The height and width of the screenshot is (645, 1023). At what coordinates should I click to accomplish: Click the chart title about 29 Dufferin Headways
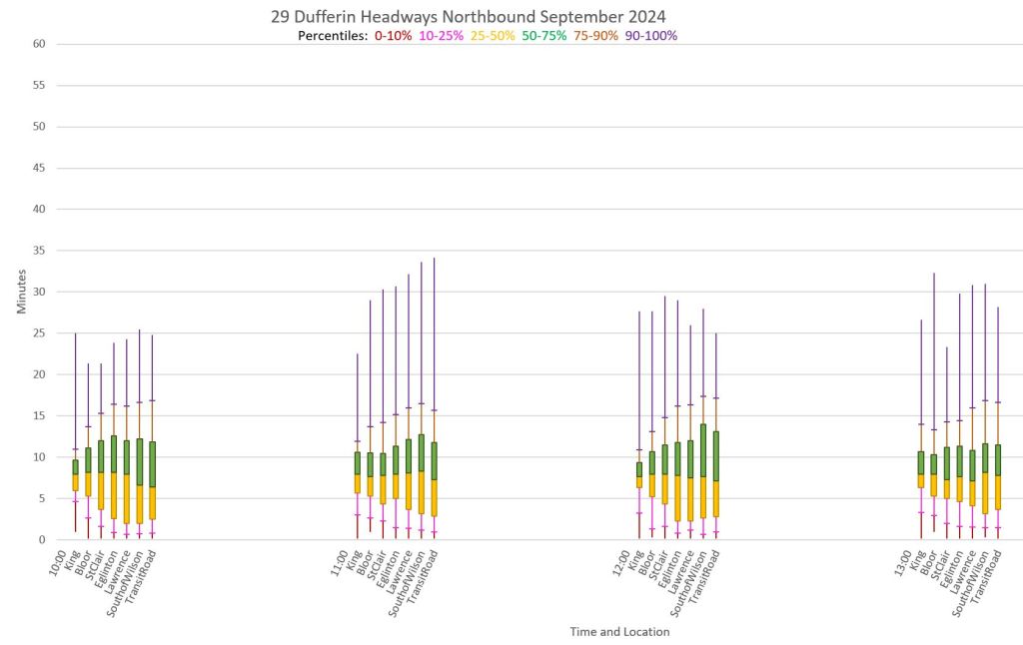tap(468, 17)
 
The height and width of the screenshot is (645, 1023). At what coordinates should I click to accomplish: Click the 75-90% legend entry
tap(595, 36)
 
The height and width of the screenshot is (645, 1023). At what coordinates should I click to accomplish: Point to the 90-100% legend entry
tap(651, 36)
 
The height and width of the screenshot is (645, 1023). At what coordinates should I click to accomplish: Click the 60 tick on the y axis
tap(39, 44)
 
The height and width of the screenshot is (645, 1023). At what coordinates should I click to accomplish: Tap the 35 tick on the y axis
tap(39, 251)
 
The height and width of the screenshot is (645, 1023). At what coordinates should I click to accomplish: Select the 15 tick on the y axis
tap(39, 416)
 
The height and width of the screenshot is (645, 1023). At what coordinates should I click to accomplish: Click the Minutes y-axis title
tap(21, 292)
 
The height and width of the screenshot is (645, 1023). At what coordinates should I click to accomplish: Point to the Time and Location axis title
tap(619, 632)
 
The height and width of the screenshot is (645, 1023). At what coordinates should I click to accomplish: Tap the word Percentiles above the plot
tap(333, 36)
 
